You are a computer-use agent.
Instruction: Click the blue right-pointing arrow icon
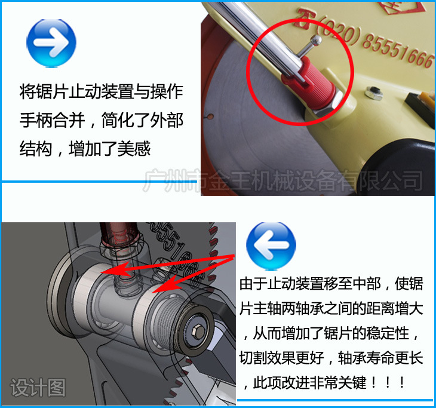click(51, 42)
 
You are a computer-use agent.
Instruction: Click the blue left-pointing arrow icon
click(271, 246)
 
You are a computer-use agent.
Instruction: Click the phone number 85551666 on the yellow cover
click(397, 51)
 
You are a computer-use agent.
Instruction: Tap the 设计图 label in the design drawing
click(38, 388)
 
